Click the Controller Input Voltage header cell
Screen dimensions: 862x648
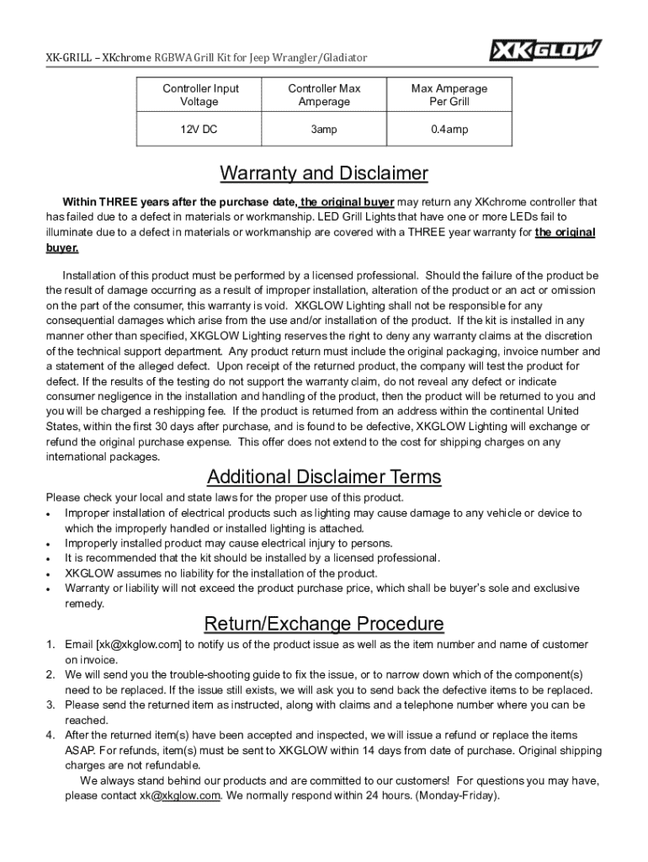(200, 95)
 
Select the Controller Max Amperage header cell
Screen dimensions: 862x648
(324, 95)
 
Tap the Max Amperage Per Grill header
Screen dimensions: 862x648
(449, 95)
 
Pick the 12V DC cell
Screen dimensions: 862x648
(200, 130)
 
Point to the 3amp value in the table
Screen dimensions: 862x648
(324, 130)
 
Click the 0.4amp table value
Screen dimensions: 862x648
(449, 130)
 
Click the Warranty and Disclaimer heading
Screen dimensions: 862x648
(324, 174)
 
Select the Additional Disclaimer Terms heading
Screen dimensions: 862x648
(324, 477)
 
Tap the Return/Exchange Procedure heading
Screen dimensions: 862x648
(324, 624)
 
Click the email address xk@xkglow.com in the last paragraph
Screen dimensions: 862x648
(180, 795)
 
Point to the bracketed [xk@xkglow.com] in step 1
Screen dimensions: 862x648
(139, 645)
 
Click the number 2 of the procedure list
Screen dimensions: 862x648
(50, 675)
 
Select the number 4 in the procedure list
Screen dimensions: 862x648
(50, 736)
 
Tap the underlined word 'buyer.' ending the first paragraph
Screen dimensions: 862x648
(61, 248)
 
